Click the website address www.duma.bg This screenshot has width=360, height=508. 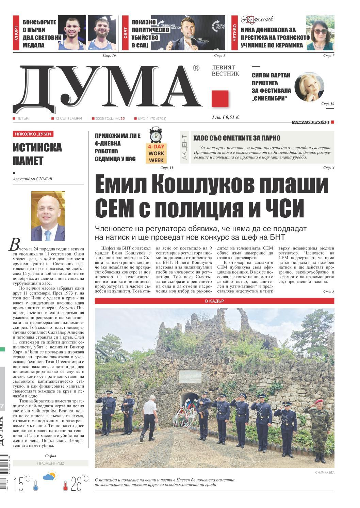click(310, 122)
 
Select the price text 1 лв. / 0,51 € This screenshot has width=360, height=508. click(225, 117)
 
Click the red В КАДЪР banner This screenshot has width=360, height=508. click(214, 301)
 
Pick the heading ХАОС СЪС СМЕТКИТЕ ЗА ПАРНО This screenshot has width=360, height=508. click(237, 138)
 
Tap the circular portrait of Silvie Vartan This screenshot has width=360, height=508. click(309, 86)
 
